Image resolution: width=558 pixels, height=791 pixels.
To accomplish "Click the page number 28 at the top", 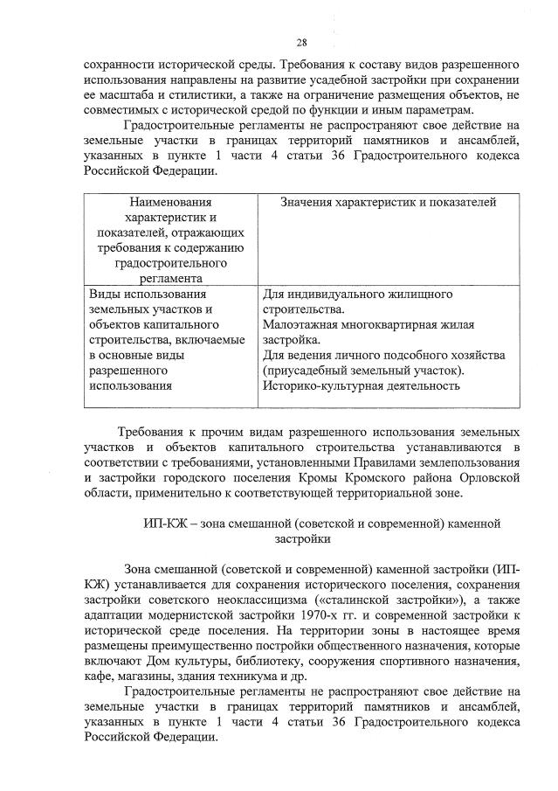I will pyautogui.click(x=301, y=42).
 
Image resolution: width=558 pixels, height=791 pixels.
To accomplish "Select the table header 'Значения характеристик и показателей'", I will pyautogui.click(x=389, y=203).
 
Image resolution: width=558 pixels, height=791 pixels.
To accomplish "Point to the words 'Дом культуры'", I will pyautogui.click(x=164, y=660).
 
